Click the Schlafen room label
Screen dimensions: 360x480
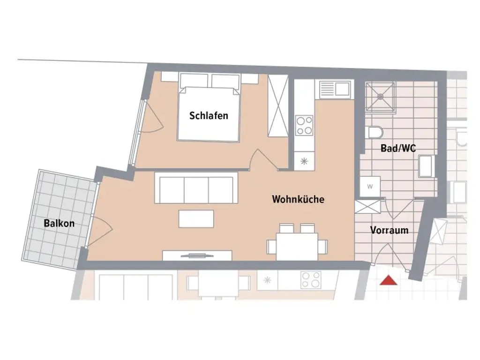209,115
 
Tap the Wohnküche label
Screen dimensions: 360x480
298,199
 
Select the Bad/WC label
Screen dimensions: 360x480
398,149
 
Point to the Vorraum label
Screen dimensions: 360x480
389,230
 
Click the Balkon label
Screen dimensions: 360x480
59,223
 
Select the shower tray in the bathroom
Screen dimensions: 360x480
380,97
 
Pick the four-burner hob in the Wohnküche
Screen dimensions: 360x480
304,125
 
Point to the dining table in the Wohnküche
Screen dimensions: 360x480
297,245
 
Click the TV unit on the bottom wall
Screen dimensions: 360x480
197,255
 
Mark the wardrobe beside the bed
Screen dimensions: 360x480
277,105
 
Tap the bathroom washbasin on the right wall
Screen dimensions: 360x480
426,166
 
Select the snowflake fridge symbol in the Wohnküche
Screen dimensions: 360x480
304,162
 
